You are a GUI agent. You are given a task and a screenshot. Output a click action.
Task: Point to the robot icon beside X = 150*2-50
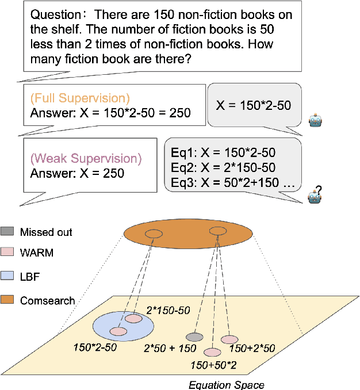click(x=316, y=121)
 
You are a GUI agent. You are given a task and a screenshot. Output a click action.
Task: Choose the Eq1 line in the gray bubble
click(x=223, y=152)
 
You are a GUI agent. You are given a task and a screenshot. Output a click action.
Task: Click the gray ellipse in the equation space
click(x=194, y=337)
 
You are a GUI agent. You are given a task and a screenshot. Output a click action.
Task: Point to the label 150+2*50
click(x=252, y=349)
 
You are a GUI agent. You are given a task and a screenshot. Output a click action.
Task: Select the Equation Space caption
click(x=226, y=384)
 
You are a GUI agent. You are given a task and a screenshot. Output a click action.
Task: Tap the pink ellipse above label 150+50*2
click(x=212, y=351)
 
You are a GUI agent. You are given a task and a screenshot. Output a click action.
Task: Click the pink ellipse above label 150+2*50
click(x=229, y=339)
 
